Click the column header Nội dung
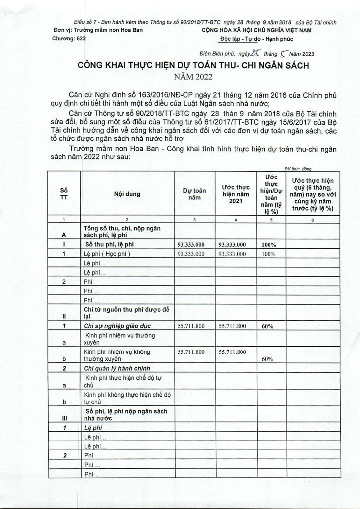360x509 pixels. [x=127, y=194]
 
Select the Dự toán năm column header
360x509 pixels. [x=194, y=194]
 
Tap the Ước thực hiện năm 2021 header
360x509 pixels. [x=236, y=194]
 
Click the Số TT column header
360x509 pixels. [x=64, y=194]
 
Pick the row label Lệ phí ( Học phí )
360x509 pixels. [x=107, y=254]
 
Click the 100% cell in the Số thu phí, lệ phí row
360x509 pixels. [x=269, y=245]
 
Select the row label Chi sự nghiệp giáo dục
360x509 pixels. [x=117, y=326]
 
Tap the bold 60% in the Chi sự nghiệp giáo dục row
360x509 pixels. [x=267, y=326]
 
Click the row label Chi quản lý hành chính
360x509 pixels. [x=117, y=368]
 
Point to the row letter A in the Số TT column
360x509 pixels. [x=64, y=235]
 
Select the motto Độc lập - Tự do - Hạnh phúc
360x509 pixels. [x=256, y=39]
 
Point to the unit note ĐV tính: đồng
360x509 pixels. [x=298, y=169]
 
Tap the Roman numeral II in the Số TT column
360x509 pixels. [x=64, y=316]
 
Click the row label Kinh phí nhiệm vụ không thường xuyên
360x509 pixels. [x=117, y=355]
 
